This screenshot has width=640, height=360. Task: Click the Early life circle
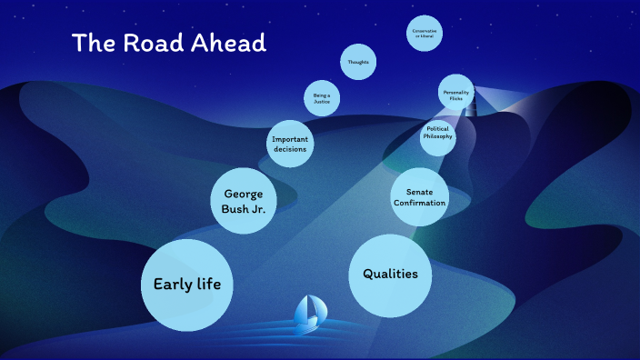pyautogui.click(x=187, y=285)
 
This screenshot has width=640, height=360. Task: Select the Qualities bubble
pyautogui.click(x=390, y=274)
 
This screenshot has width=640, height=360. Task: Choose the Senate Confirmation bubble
pyautogui.click(x=419, y=196)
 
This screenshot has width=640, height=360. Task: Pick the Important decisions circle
pyautogui.click(x=290, y=143)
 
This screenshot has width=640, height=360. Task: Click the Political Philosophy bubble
pyautogui.click(x=436, y=135)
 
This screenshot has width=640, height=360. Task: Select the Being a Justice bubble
pyautogui.click(x=321, y=98)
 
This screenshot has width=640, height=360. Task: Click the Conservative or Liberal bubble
pyautogui.click(x=424, y=34)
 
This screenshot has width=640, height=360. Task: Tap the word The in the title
pyautogui.click(x=93, y=43)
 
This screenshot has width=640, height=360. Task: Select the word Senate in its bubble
pyautogui.click(x=419, y=191)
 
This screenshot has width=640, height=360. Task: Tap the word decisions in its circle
pyautogui.click(x=290, y=149)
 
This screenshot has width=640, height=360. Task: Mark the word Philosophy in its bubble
pyautogui.click(x=436, y=138)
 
